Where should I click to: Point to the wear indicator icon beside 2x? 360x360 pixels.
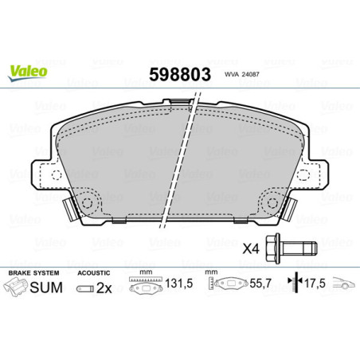tap(85, 288)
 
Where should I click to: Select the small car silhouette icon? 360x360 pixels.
tap(343, 287)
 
